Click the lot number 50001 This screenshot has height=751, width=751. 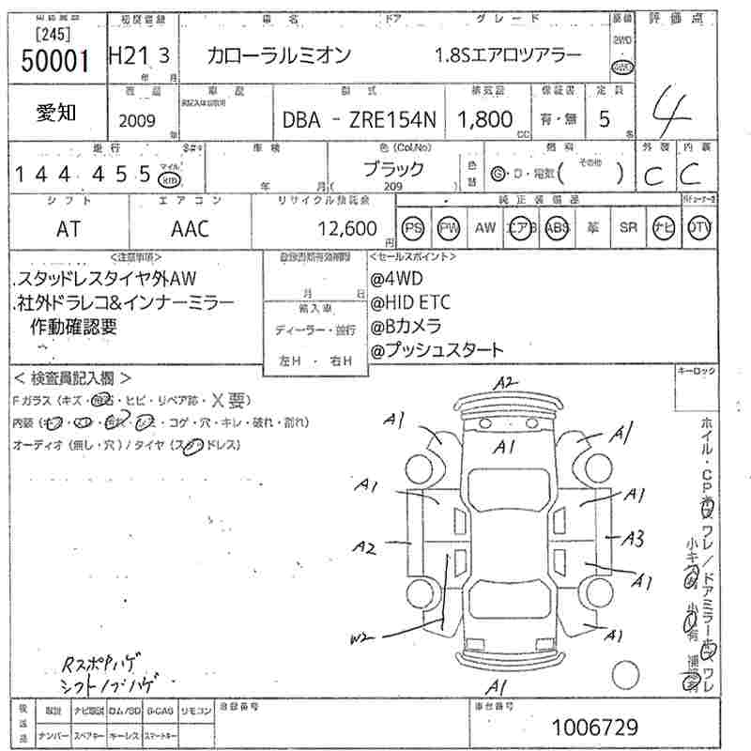54,61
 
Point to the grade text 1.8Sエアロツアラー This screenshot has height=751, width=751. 508,56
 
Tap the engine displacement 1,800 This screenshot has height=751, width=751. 484,119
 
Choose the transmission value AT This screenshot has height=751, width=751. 68,228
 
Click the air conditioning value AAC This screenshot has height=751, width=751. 190,228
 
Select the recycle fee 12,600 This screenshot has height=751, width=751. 347,228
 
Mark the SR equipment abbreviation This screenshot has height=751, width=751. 628,227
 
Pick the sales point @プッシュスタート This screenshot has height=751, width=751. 437,349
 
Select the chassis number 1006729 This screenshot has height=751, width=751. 595,727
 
